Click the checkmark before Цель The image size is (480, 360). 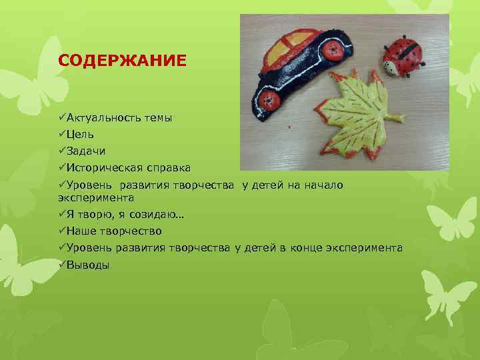(x=61, y=134)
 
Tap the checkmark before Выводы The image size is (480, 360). (x=61, y=264)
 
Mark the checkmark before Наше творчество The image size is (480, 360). (x=61, y=231)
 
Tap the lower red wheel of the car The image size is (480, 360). (x=269, y=101)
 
